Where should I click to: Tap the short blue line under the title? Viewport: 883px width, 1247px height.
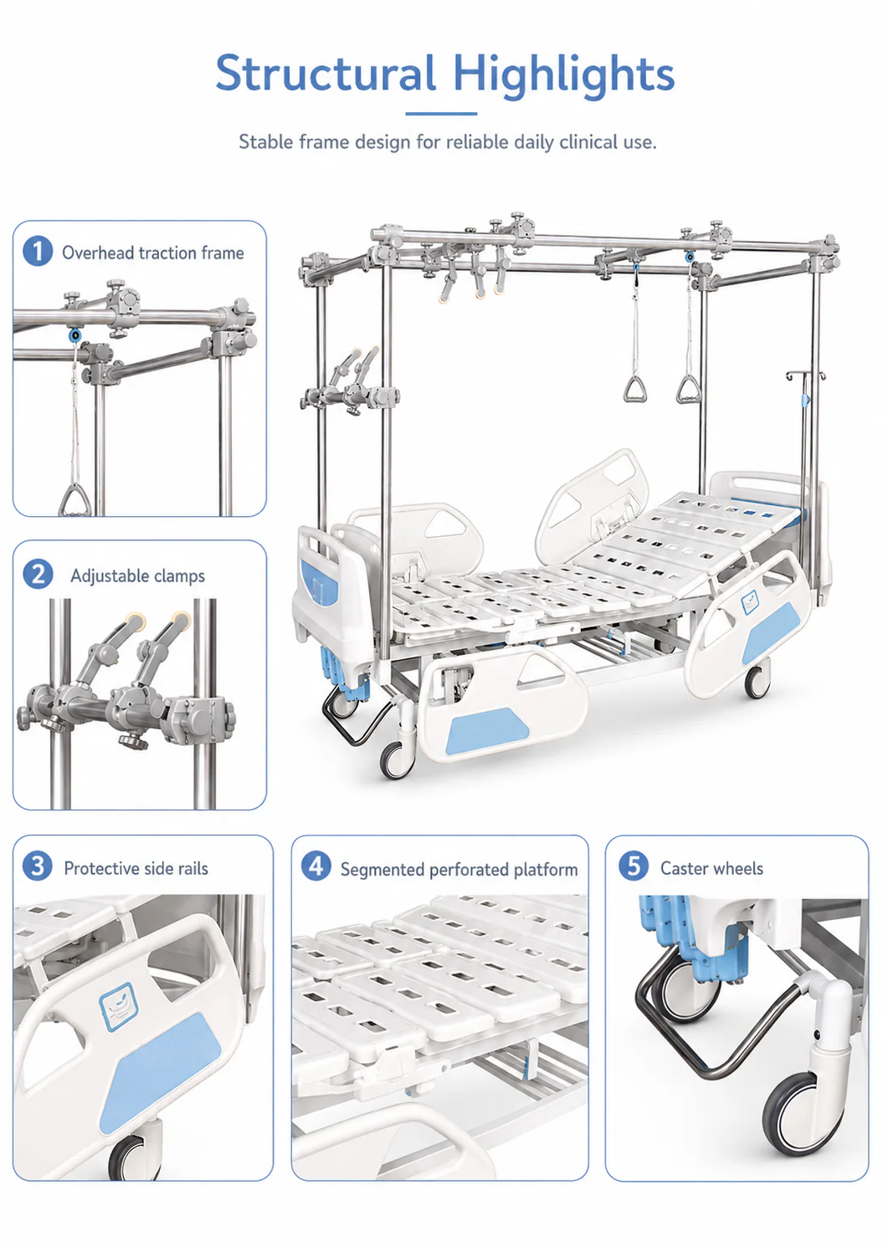pos(441,114)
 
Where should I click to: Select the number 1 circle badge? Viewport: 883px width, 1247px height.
pos(38,251)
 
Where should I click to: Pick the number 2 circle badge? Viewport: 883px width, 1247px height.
pos(38,574)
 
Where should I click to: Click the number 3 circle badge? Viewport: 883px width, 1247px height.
pos(38,866)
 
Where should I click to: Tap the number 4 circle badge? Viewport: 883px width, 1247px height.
pos(316,866)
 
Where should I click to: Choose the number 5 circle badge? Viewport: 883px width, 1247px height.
pos(634,866)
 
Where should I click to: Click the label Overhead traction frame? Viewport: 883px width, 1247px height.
pos(153,253)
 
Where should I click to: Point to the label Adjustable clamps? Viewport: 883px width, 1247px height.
pos(137,575)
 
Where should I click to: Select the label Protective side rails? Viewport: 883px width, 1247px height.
pos(136,868)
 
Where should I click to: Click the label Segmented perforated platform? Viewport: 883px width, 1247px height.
pos(459,870)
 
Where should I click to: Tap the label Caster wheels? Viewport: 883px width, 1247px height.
pos(712,868)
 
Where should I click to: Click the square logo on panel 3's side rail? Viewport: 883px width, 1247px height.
pos(118,1006)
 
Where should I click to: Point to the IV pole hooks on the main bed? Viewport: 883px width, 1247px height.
pos(805,376)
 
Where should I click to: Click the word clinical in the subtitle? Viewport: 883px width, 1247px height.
pos(588,142)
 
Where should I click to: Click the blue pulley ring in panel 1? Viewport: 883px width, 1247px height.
pos(74,335)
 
